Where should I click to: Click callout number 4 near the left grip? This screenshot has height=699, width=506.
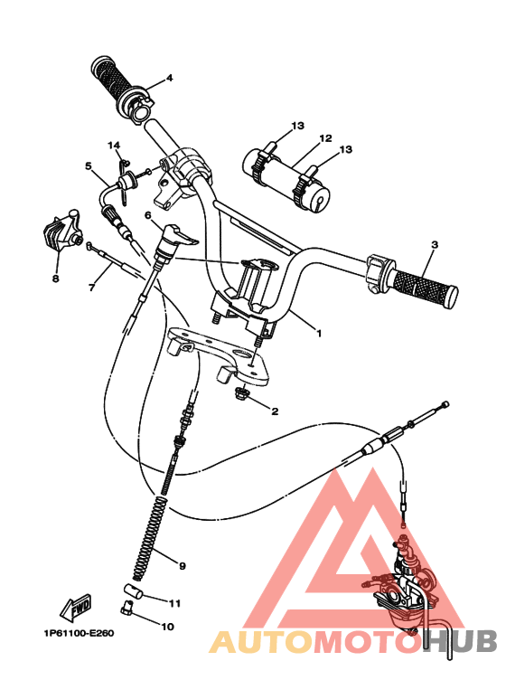click(169, 78)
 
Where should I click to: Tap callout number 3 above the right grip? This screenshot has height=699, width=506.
click(435, 245)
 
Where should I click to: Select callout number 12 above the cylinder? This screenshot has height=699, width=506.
click(325, 139)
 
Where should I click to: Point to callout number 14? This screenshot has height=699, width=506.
click(114, 145)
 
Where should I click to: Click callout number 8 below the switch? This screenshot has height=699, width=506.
click(55, 279)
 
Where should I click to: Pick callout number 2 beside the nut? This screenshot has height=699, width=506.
click(274, 410)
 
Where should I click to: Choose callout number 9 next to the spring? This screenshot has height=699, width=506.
click(182, 566)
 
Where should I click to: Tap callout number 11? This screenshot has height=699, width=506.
click(175, 603)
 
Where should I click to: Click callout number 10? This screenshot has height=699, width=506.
click(167, 625)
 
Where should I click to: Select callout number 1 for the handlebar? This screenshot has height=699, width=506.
click(318, 333)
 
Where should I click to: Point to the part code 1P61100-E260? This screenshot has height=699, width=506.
click(76, 633)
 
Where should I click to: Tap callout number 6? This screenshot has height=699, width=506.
click(147, 215)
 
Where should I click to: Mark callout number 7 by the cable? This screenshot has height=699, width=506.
click(91, 288)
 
